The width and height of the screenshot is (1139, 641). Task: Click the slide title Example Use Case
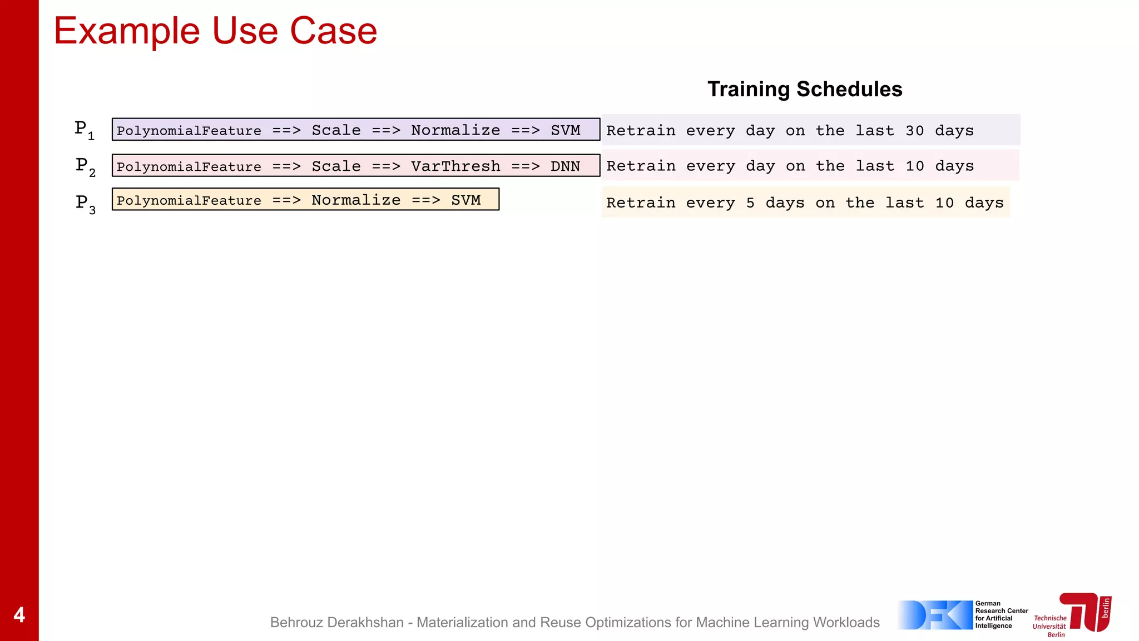pos(215,31)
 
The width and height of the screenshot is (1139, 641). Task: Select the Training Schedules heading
pos(804,89)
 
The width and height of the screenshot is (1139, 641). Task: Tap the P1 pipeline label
pos(84,130)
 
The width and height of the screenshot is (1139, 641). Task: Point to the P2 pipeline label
pos(85,166)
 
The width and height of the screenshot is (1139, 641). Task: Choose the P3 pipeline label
pos(85,203)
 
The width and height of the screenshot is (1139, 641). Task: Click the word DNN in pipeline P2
pos(565,166)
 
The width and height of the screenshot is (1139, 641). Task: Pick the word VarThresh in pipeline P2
pos(455,166)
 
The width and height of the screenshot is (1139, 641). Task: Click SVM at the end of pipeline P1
pos(565,130)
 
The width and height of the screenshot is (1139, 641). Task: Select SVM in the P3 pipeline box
pos(465,200)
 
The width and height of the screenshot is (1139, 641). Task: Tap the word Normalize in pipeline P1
pos(455,130)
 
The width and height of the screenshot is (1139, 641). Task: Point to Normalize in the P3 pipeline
pos(356,200)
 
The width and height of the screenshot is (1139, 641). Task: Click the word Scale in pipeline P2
pos(336,166)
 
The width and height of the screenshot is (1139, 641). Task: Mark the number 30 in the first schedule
pos(914,131)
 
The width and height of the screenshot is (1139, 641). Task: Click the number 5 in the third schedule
pos(750,203)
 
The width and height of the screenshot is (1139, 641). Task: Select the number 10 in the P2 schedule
pos(914,166)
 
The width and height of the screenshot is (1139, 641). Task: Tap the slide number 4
pos(19,615)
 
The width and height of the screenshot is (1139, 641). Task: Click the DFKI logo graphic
pos(934,615)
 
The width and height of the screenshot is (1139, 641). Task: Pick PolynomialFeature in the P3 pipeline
pos(189,200)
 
